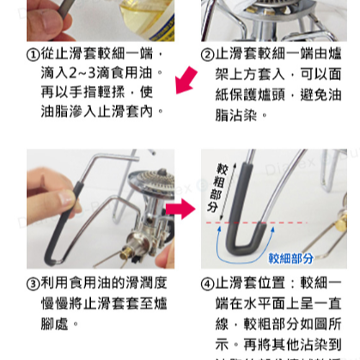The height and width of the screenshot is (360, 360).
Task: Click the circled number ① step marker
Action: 34,56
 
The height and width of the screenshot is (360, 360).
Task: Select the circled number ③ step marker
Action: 34,284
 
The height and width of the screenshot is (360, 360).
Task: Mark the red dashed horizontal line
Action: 284,221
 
